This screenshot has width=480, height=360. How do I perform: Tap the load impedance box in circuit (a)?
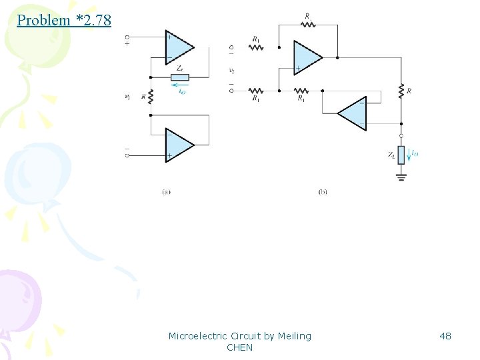click(180, 77)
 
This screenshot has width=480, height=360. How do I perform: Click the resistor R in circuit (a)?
click(151, 97)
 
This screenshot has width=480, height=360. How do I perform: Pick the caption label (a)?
click(166, 192)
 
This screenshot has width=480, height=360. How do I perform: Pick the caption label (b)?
click(323, 192)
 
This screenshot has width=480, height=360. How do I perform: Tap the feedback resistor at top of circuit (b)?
click(307, 25)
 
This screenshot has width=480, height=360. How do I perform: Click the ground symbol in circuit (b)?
click(401, 177)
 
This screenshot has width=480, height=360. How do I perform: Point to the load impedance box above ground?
click(401, 155)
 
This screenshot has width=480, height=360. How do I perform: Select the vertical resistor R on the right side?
click(401, 90)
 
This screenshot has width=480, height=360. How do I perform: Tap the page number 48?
click(445, 336)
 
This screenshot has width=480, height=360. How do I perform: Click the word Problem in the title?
click(43, 20)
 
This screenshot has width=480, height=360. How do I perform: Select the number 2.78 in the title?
click(95, 20)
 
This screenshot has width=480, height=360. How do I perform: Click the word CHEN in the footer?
click(240, 347)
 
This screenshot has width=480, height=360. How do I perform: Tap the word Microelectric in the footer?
click(197, 336)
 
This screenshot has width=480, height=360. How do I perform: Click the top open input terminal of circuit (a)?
click(127, 37)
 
